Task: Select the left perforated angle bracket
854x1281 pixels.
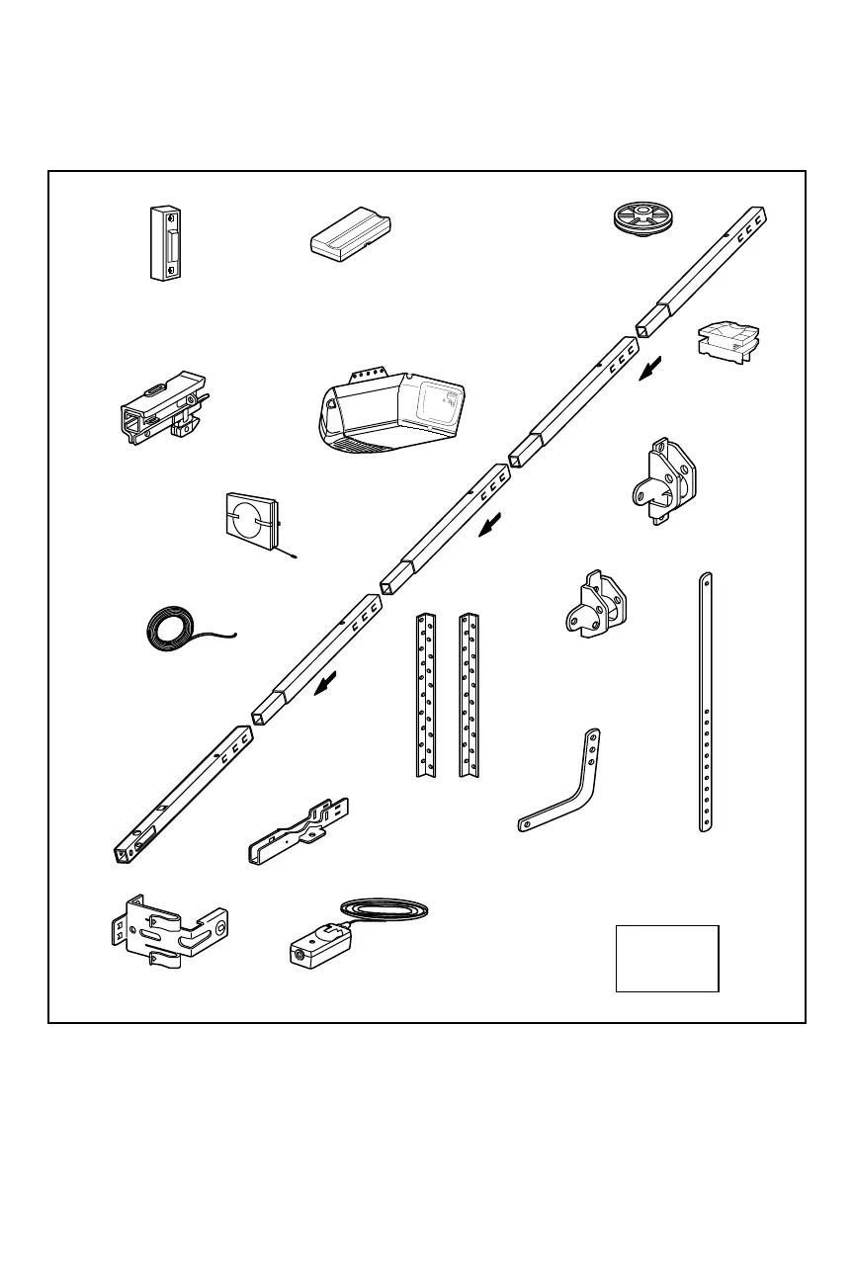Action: tap(426, 694)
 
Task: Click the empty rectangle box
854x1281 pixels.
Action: tap(666, 958)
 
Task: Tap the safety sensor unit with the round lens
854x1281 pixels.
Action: tap(314, 947)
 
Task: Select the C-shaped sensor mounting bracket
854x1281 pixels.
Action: tap(168, 929)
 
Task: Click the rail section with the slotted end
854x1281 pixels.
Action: tap(183, 795)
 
